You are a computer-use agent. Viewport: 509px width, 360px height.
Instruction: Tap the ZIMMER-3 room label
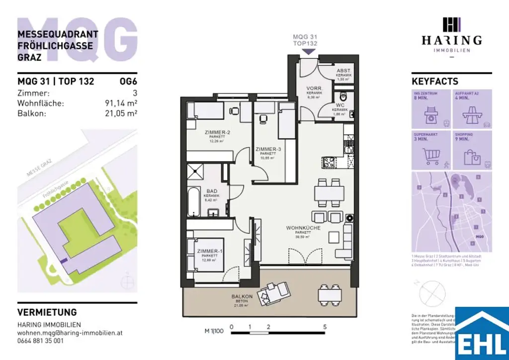(x=268, y=149)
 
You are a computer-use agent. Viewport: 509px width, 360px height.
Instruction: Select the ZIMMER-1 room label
(x=209, y=252)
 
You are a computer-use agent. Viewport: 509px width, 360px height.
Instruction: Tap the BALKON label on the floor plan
(x=242, y=296)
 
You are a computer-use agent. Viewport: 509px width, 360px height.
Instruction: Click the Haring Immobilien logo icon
(x=451, y=24)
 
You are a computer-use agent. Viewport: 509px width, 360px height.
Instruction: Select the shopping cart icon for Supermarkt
(x=431, y=157)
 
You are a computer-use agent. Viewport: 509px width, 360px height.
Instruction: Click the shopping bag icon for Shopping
(x=472, y=157)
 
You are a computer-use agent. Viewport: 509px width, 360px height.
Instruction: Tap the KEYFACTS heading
(x=435, y=82)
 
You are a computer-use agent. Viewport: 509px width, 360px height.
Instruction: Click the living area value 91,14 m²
(x=118, y=103)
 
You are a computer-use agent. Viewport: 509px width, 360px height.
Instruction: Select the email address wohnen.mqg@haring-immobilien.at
(x=70, y=332)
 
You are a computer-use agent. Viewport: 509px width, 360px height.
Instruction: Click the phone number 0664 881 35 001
(x=40, y=341)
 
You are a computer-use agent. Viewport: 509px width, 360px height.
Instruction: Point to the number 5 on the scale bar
(x=325, y=327)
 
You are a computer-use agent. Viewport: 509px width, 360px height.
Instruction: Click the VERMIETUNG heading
(x=47, y=312)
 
